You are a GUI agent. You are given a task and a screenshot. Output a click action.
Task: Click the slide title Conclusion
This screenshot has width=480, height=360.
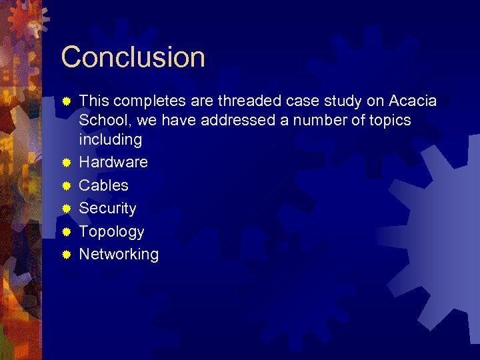(133, 57)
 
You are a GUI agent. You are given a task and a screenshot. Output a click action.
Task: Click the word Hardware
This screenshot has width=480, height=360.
(113, 162)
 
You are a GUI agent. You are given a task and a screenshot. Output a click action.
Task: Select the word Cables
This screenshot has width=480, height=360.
(103, 185)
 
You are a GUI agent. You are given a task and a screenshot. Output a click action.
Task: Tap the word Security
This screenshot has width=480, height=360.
(107, 209)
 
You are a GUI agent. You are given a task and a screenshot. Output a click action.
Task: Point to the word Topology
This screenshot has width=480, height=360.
(111, 232)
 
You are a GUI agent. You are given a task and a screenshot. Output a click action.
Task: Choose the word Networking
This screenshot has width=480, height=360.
(119, 255)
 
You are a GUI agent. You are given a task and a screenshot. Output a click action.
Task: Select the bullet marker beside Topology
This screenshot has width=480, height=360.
(66, 232)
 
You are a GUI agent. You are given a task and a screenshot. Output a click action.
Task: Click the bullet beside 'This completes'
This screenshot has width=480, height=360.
(66, 101)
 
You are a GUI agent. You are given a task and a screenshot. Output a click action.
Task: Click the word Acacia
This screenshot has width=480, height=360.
(413, 101)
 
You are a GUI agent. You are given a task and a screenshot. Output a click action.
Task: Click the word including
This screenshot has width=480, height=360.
(110, 140)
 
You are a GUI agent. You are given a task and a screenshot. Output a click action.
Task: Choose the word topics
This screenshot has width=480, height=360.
(387, 121)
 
